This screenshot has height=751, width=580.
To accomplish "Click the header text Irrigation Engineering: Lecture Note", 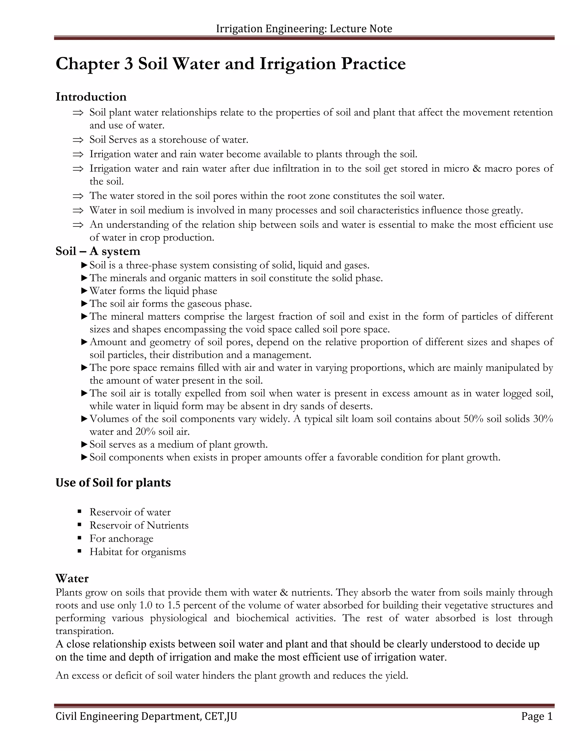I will (x=304, y=29).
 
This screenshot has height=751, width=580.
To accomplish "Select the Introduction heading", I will (x=91, y=97).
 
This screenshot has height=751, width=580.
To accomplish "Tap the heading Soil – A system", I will (x=98, y=251).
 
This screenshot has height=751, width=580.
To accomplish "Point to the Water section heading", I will (x=72, y=578).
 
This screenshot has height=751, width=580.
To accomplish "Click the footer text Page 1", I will (x=537, y=716).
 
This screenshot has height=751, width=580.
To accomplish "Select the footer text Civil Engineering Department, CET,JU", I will (x=146, y=716).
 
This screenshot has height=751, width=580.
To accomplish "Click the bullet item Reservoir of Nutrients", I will (x=139, y=525).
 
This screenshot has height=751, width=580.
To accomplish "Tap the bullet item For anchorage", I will (x=121, y=538).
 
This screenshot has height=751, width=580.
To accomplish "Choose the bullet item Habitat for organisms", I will (x=137, y=552).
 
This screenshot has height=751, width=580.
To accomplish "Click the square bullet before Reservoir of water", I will (x=80, y=512).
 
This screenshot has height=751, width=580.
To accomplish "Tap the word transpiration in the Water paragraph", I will (x=84, y=631).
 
